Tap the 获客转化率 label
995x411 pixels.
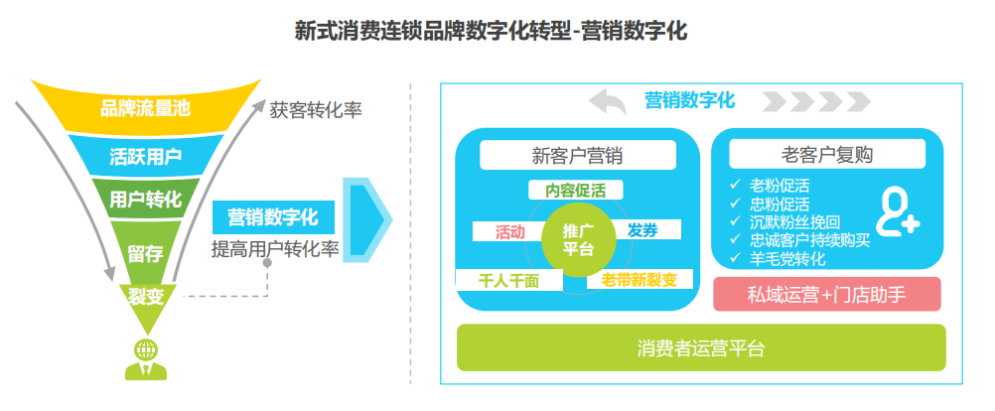[315, 109]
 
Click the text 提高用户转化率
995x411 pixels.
[275, 249]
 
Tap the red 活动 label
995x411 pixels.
[509, 231]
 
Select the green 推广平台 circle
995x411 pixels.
[578, 239]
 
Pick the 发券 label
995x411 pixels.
[642, 230]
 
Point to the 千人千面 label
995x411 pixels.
[507, 280]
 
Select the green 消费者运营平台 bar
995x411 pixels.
[700, 347]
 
